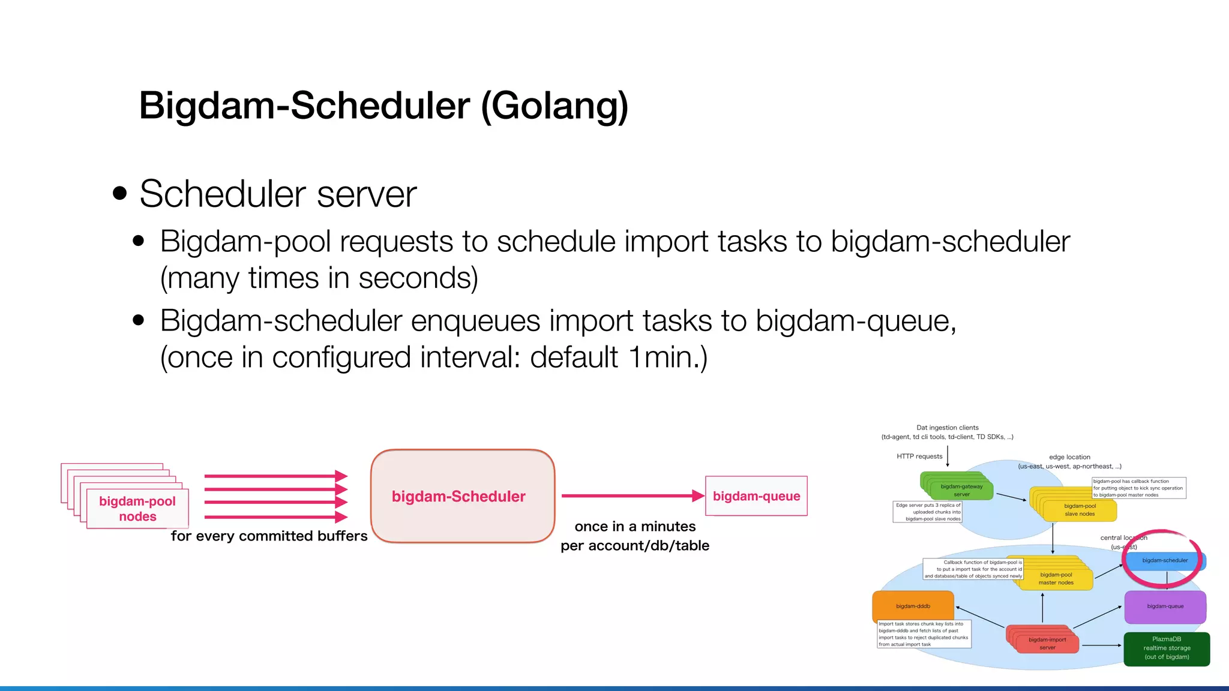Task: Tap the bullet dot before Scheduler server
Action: coord(120,193)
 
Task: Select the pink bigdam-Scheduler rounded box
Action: coord(462,496)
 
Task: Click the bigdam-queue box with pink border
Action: coord(756,496)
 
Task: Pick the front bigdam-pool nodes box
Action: coord(137,509)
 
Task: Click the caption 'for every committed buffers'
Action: coord(269,536)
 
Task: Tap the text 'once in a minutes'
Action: coord(635,527)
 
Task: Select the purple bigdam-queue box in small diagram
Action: coord(1165,606)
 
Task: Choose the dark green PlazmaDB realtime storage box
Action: coord(1167,648)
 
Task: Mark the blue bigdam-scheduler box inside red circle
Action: coord(1164,561)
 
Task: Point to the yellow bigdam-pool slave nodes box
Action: coord(1080,510)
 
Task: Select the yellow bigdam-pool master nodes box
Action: coord(1056,579)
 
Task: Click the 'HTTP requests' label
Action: coord(919,456)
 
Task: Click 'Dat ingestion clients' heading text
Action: coord(948,428)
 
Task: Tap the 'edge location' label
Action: coord(1069,457)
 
